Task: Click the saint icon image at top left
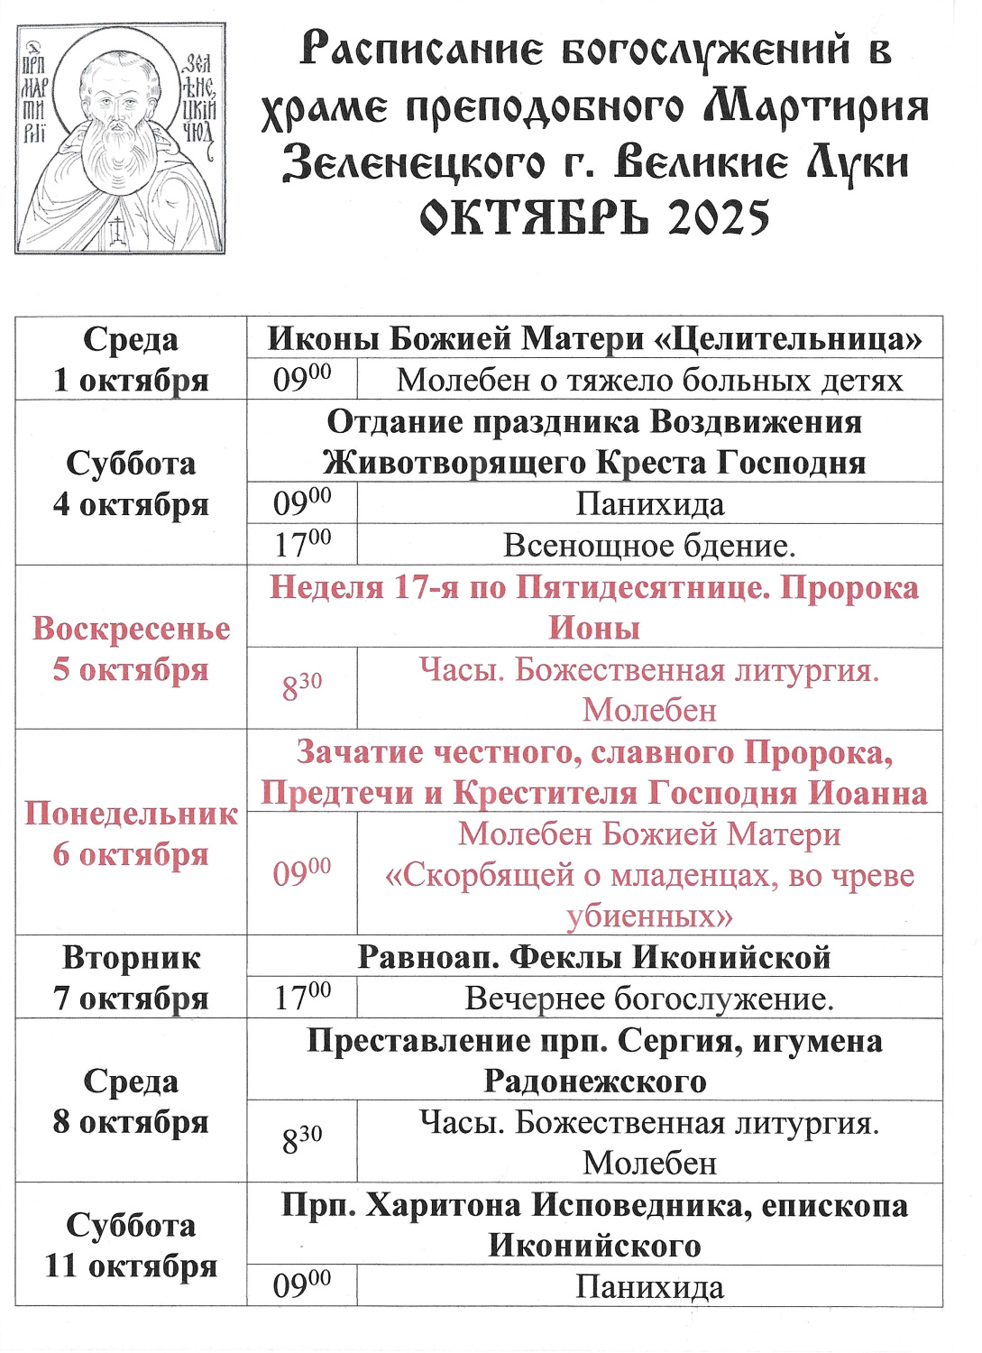(x=120, y=138)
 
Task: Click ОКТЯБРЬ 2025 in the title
(x=595, y=217)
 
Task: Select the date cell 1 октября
(x=131, y=380)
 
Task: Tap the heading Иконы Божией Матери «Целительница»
(x=594, y=339)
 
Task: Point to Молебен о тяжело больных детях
(x=649, y=381)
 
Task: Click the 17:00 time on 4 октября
(x=302, y=545)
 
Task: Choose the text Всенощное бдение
(x=649, y=546)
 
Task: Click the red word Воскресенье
(x=131, y=629)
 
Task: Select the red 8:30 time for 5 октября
(x=302, y=688)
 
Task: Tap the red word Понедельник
(x=131, y=814)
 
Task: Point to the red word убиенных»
(x=649, y=916)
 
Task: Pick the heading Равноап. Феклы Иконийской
(x=594, y=957)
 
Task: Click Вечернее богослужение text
(x=649, y=999)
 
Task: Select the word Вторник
(x=131, y=958)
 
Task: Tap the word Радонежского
(x=594, y=1081)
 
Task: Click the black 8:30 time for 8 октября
(x=302, y=1141)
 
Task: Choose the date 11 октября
(x=131, y=1266)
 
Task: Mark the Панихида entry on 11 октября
(x=649, y=1287)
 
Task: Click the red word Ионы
(x=594, y=629)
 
